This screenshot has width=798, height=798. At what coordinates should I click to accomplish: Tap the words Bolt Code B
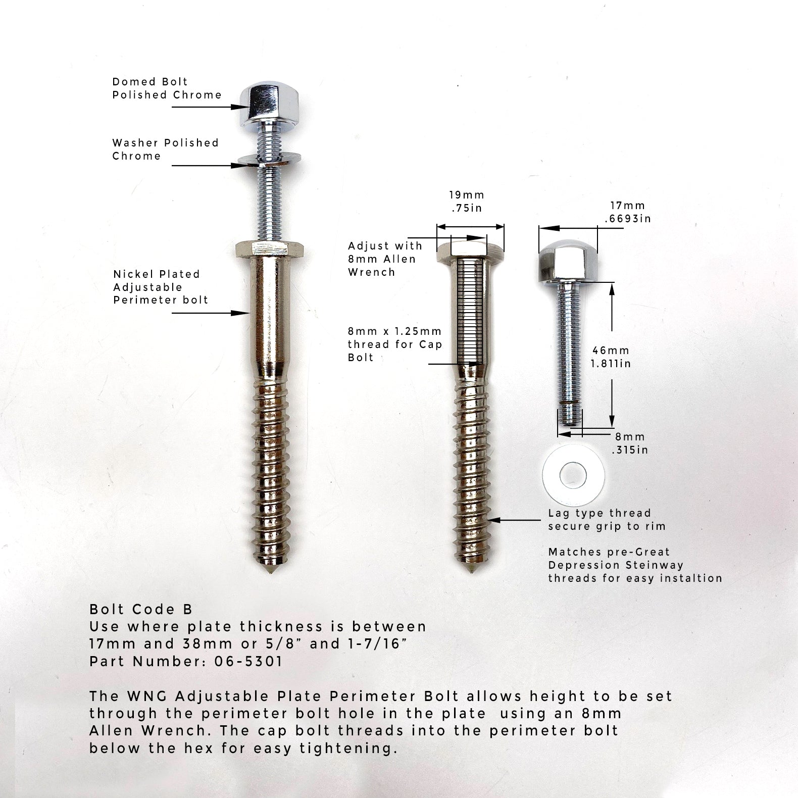[x=141, y=609]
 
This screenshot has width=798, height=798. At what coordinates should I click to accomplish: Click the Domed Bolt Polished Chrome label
[x=167, y=88]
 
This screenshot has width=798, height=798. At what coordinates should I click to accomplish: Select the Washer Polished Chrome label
[x=165, y=149]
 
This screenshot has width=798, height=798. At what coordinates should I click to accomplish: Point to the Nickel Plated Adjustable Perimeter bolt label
[x=161, y=287]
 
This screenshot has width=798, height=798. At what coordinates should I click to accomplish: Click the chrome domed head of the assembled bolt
[x=260, y=103]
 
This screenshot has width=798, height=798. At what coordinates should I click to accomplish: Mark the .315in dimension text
[x=629, y=450]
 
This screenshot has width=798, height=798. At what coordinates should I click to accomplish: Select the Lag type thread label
[x=600, y=513]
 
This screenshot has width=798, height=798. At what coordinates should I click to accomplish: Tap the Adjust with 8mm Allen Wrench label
[x=385, y=259]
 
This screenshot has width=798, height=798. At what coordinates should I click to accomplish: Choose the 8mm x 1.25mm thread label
[x=394, y=344]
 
